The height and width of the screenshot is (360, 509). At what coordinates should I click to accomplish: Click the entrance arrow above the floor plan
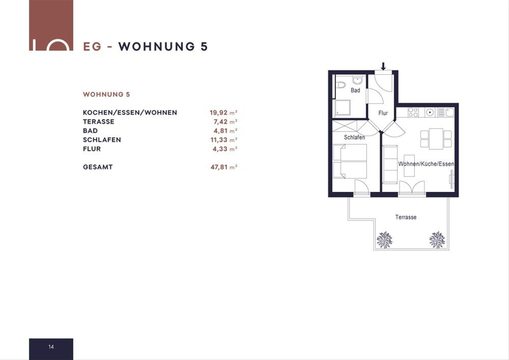383,66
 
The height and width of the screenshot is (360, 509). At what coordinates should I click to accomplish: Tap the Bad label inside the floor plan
355,90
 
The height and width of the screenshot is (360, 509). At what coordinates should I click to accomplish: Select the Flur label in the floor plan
383,113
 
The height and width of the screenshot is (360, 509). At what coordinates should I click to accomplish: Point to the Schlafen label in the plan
354,138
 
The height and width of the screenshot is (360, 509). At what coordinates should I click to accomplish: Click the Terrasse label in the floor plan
406,217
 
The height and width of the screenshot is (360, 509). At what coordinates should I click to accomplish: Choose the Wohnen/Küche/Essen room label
426,164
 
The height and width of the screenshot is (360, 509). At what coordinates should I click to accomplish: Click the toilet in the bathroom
341,85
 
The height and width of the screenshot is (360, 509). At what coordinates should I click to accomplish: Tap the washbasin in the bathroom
357,80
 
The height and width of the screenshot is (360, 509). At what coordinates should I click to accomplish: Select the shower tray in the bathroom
343,107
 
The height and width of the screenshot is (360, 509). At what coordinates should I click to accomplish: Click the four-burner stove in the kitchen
413,112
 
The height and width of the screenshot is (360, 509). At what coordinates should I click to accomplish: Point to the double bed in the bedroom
350,161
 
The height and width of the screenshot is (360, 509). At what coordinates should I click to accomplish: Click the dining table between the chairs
436,139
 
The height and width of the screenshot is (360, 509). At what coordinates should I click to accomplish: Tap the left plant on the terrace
384,240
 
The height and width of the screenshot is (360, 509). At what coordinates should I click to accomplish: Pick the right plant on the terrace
437,240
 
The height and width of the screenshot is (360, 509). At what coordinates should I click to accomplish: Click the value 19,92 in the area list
218,112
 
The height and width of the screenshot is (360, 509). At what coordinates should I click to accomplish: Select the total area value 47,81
219,167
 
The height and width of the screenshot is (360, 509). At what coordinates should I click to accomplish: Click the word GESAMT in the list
98,167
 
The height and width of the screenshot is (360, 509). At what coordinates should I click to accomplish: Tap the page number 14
51,347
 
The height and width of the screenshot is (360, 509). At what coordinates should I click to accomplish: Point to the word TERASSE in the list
98,122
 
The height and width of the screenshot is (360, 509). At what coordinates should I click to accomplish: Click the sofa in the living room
390,164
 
